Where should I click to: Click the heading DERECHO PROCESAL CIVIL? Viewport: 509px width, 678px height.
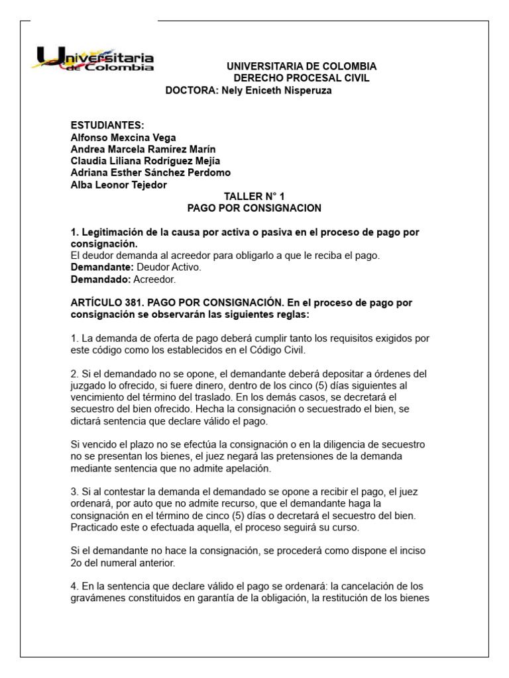302,78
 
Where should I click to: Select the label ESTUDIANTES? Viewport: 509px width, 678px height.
107,125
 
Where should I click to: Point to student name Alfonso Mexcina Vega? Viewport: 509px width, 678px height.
123,137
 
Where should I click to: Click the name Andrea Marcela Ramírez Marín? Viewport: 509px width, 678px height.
142,149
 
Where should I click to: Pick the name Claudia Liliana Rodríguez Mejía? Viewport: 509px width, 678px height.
145,161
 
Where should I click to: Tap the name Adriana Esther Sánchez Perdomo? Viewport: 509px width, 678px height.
150,173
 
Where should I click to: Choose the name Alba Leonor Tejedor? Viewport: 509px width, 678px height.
119,185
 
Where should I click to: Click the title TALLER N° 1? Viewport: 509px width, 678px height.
254,197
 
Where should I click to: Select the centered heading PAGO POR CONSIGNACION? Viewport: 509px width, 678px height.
254,208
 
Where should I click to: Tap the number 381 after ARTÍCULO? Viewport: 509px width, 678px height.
133,303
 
